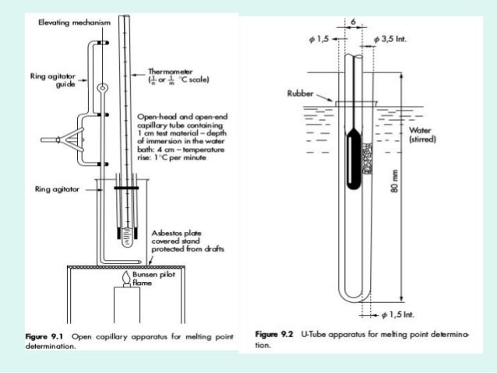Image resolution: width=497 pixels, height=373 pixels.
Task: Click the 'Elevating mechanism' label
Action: (x=75, y=23)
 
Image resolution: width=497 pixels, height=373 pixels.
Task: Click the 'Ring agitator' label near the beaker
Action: (x=58, y=188)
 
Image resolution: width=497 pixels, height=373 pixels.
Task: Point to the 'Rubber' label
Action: (x=300, y=93)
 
